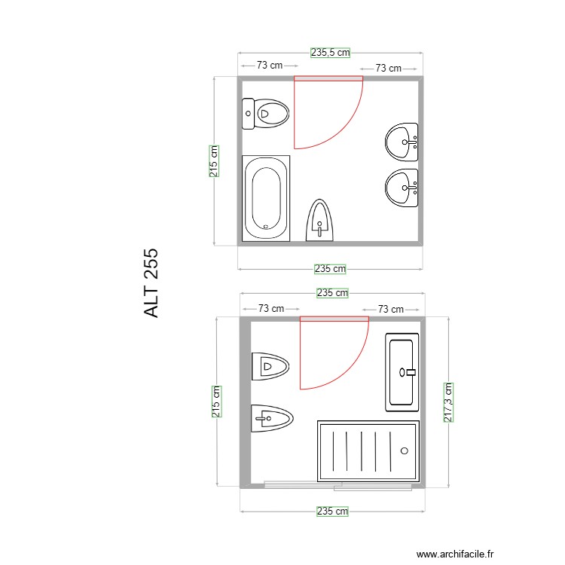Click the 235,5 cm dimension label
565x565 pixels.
(x=330, y=53)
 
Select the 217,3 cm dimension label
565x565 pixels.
(x=448, y=402)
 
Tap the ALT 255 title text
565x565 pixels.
(x=151, y=283)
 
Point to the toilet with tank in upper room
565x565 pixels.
(x=265, y=115)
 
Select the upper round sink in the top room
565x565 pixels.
(x=402, y=142)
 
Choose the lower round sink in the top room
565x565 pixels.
(x=402, y=188)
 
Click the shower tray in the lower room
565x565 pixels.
(x=368, y=450)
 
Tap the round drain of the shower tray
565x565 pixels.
(x=405, y=450)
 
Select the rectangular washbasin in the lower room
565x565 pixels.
(x=402, y=371)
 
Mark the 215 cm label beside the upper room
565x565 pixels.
(x=214, y=160)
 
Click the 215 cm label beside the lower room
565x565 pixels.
(x=216, y=402)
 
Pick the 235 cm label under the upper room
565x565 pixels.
(x=330, y=268)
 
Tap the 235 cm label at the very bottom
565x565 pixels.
(x=332, y=511)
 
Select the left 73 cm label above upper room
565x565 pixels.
(x=270, y=66)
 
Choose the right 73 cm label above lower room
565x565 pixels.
(x=390, y=309)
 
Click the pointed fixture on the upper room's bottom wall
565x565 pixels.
(x=319, y=220)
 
